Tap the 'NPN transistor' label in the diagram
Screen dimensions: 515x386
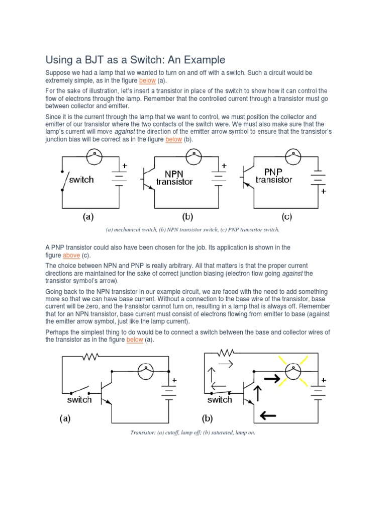tap(174, 177)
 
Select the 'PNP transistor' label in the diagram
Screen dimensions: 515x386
tap(274, 176)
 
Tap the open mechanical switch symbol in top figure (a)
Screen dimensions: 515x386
tap(63, 180)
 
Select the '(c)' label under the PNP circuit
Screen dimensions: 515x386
tap(286, 217)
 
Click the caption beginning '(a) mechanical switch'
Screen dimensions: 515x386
tap(192, 230)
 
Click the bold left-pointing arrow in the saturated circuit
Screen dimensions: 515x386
tap(268, 415)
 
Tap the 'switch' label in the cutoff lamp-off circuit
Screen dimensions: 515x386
tap(79, 400)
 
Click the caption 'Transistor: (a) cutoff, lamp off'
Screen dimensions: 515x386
tap(192, 432)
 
